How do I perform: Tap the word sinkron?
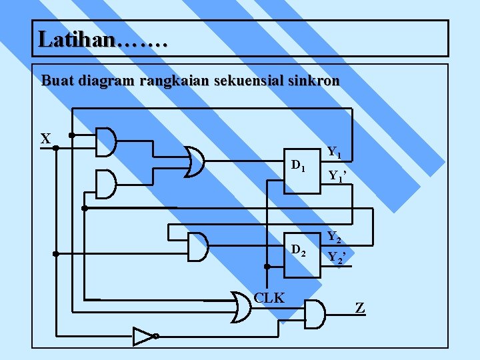tap(315, 81)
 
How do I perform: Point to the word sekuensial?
tap(252, 81)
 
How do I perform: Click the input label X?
tap(45, 139)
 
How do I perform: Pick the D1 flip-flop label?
tap(298, 165)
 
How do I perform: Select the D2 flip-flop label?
tap(298, 251)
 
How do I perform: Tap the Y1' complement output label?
tap(337, 177)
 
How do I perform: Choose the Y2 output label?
tap(335, 237)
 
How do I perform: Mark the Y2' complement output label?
tap(337, 257)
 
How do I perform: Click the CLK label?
tap(269, 298)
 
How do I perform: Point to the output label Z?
tap(360, 308)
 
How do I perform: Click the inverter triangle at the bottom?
tap(143, 336)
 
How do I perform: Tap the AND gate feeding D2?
tap(198, 247)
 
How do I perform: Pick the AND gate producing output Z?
tap(314, 313)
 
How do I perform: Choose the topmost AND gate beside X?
tap(106, 141)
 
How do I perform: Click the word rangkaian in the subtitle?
tap(173, 81)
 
